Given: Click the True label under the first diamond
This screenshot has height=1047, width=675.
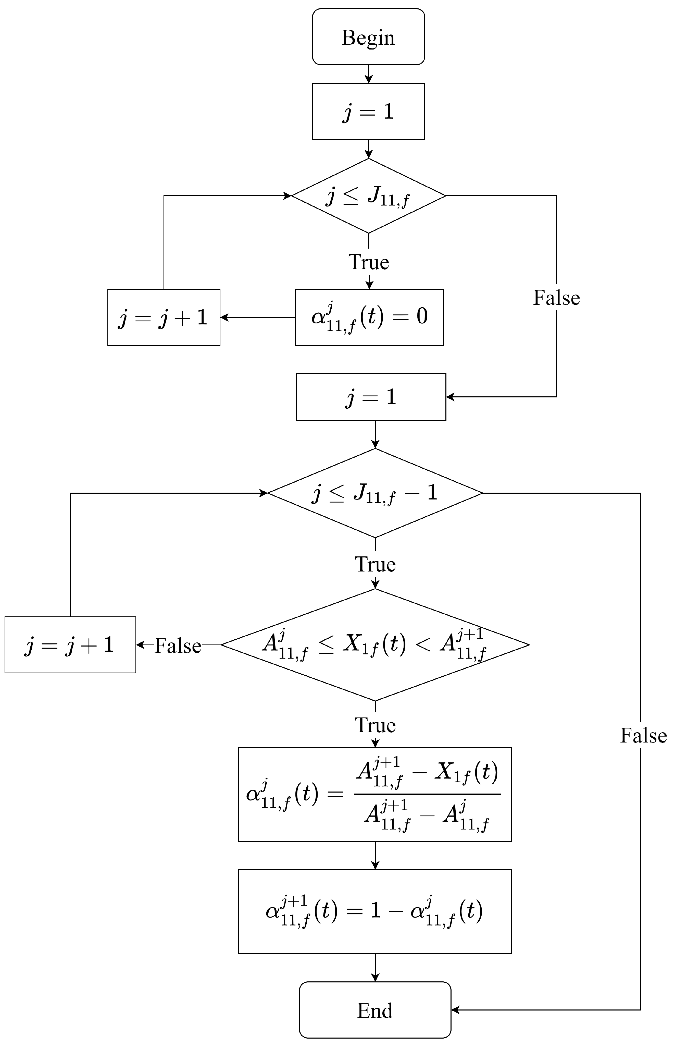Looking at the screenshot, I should [369, 262].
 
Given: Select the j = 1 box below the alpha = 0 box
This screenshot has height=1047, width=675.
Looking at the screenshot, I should [371, 397].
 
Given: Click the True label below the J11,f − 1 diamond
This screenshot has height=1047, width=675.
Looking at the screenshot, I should [375, 564].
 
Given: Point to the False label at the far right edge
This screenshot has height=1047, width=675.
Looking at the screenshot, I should [643, 736].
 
